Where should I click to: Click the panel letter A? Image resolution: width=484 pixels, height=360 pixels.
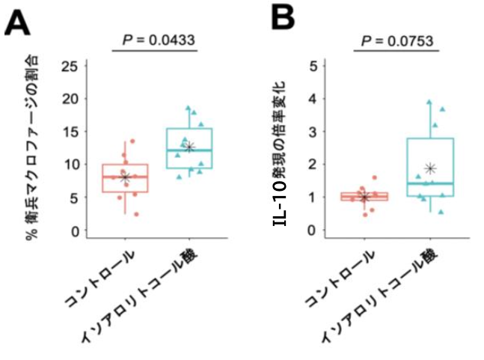pos(18,24)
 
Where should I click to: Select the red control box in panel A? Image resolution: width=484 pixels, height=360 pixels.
pos(125,177)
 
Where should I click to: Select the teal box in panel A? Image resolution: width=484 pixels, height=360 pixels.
pos(190,148)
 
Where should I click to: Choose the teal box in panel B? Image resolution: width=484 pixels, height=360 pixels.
pos(430,167)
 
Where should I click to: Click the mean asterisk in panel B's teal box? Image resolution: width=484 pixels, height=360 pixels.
pos(430,168)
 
